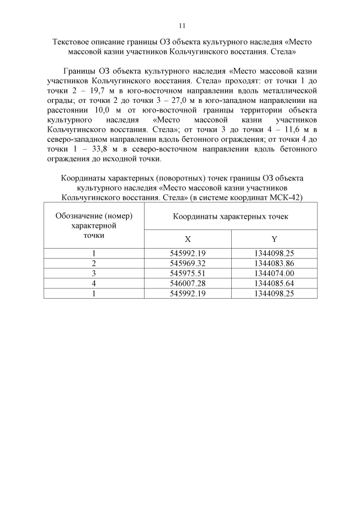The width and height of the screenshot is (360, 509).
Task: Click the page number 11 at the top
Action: (x=181, y=25)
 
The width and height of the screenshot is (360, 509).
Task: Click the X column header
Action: (x=187, y=239)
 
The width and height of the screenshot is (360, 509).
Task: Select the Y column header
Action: (x=274, y=239)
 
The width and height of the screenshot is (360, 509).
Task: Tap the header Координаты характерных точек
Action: (x=230, y=216)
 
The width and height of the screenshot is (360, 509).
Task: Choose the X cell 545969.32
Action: (x=187, y=263)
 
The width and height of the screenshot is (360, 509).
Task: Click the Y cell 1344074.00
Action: (x=274, y=273)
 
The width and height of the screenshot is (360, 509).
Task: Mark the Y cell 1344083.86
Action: (x=274, y=263)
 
